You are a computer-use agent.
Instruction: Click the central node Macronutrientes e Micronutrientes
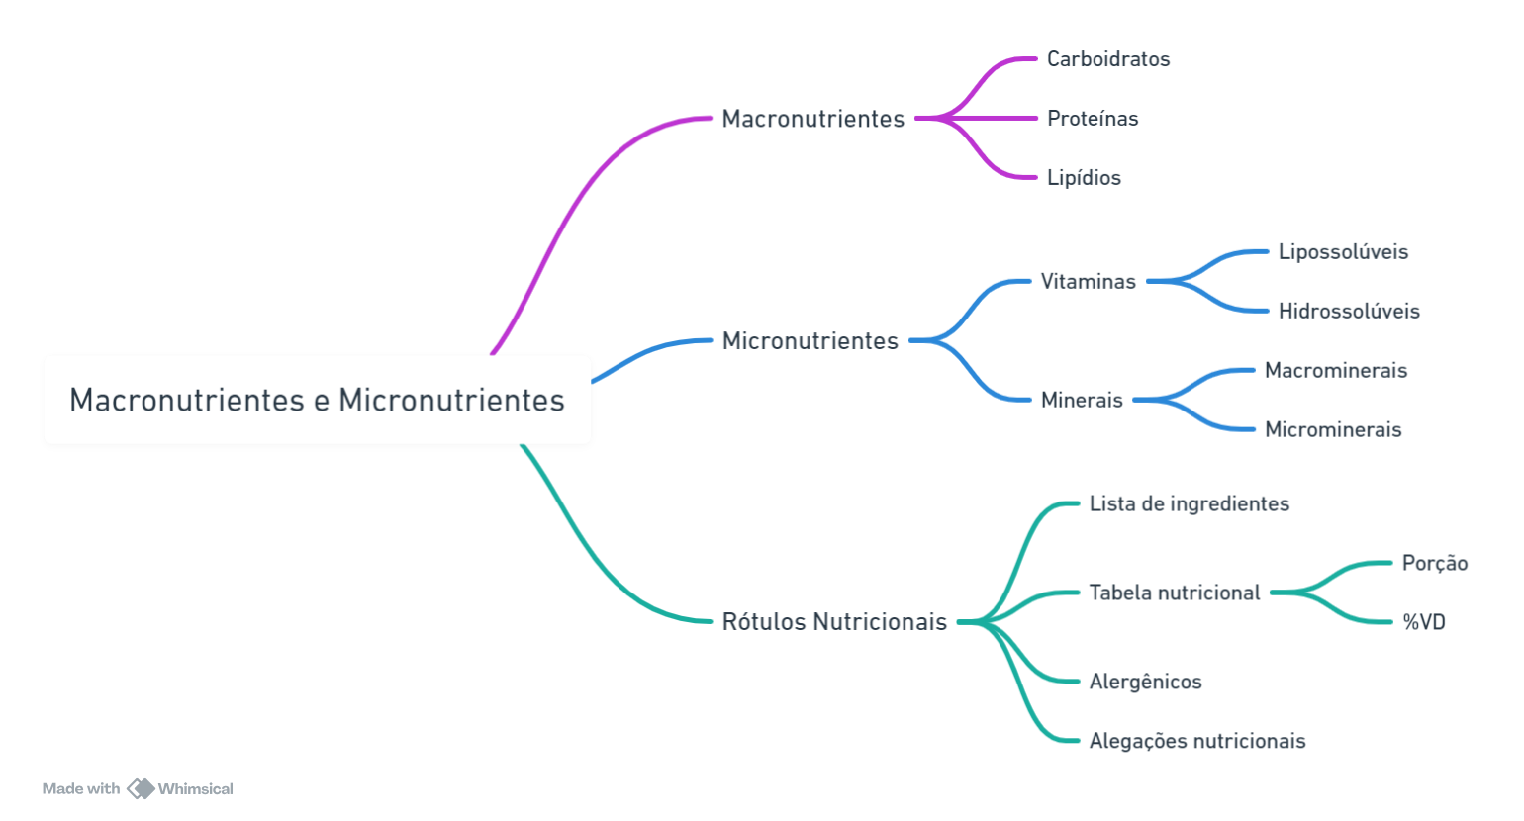[317, 400]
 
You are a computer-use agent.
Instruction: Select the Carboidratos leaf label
[1108, 59]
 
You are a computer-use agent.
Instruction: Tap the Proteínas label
[1093, 119]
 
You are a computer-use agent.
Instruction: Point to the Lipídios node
[1084, 177]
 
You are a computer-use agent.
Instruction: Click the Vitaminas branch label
[1089, 282]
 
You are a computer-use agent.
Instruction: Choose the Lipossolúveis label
[1343, 251]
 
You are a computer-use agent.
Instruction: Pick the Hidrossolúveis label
[1349, 311]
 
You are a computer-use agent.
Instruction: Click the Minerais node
[1082, 400]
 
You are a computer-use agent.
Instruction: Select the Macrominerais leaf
[1336, 370]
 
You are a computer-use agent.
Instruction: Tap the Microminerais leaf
[1333, 429]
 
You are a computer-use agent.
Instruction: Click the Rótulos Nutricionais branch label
[834, 622]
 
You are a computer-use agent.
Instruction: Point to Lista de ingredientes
[1190, 503]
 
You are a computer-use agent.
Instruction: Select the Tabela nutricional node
[1175, 593]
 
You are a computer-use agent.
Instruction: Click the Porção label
[1435, 563]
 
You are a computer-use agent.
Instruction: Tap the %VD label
[1424, 622]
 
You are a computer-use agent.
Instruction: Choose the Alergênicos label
[1146, 682]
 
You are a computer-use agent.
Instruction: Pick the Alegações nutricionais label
[1197, 741]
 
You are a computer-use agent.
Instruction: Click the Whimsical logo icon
[141, 788]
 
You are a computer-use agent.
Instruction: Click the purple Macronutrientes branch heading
[813, 119]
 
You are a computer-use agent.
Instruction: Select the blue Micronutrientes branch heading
[810, 341]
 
